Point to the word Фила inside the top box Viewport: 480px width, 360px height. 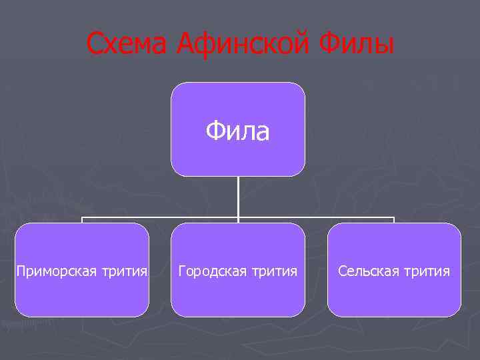pos(238,131)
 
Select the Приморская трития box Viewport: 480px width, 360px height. pos(82,293)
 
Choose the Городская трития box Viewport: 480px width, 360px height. pos(238,293)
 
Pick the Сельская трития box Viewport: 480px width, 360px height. pos(394,293)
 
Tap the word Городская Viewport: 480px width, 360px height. pos(211,271)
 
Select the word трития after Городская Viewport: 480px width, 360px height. pos(273,271)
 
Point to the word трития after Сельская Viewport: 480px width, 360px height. pos(427,271)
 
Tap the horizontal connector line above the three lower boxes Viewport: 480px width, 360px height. pos(160,217)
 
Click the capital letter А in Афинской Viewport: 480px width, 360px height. pos(186,45)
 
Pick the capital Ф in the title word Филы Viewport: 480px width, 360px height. pos(330,45)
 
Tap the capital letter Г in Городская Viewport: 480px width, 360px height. pos(181,271)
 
